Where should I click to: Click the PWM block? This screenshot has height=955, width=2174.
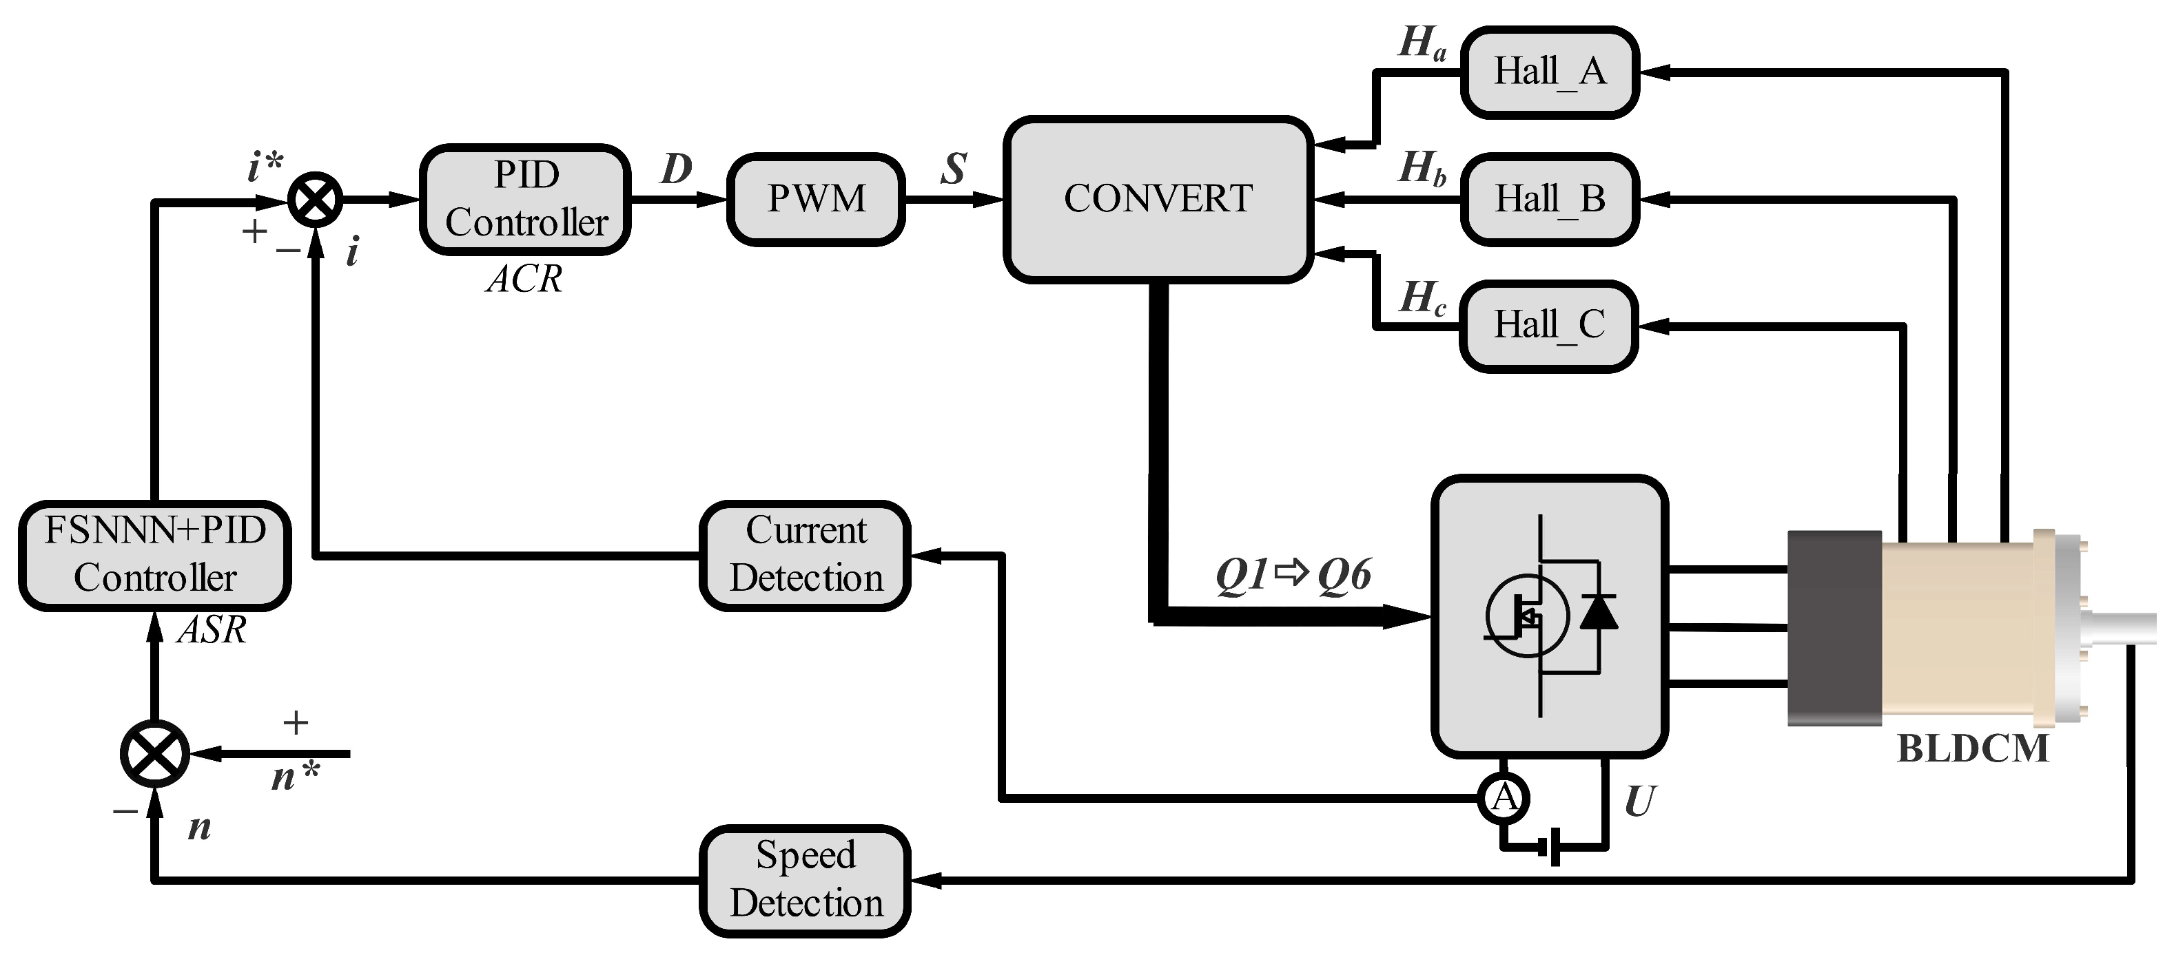(x=815, y=199)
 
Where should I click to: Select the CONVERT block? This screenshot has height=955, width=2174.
(x=1157, y=199)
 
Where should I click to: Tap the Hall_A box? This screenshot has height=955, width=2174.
(x=1550, y=72)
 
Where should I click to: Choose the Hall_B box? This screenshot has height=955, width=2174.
(x=1550, y=199)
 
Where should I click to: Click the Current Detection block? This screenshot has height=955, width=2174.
(x=805, y=555)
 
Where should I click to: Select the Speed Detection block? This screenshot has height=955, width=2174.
(x=805, y=880)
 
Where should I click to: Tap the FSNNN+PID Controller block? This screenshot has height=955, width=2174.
(x=154, y=555)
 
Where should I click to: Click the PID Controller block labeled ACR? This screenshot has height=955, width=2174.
(x=525, y=199)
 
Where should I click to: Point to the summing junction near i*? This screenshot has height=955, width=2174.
(x=316, y=200)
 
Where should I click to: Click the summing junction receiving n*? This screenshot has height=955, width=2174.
(x=154, y=753)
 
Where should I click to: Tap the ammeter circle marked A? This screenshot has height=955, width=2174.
(x=1503, y=797)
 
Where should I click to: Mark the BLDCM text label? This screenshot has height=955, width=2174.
(x=1972, y=748)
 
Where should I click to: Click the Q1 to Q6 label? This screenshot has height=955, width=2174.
(x=1292, y=576)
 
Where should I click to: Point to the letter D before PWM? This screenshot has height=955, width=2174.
(x=676, y=169)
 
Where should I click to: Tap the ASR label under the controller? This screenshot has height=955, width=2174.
(x=212, y=630)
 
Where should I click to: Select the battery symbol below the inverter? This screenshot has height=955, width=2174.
(x=1553, y=846)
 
